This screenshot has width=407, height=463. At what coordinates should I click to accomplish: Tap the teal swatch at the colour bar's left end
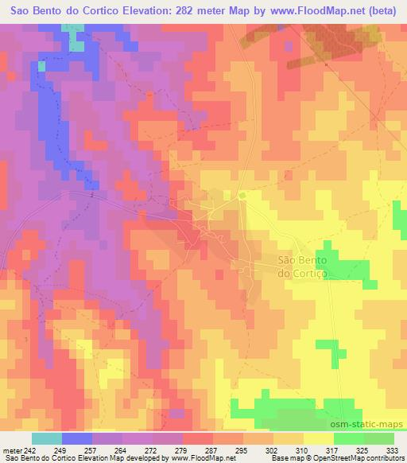[47, 438]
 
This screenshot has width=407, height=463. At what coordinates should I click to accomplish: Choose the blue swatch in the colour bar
[77, 438]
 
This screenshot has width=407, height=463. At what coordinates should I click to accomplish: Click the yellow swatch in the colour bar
[319, 438]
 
